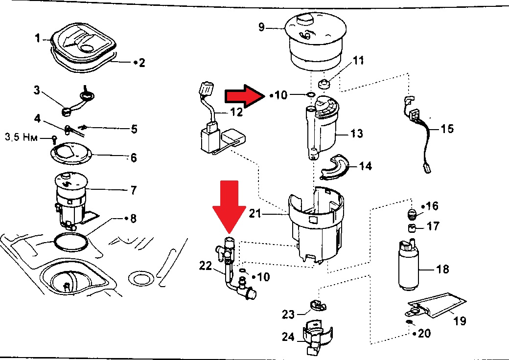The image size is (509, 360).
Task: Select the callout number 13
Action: click(x=357, y=133)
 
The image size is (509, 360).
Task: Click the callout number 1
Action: click(x=37, y=38)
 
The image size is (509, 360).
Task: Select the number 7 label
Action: click(x=133, y=190)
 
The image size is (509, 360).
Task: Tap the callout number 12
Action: click(x=236, y=112)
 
